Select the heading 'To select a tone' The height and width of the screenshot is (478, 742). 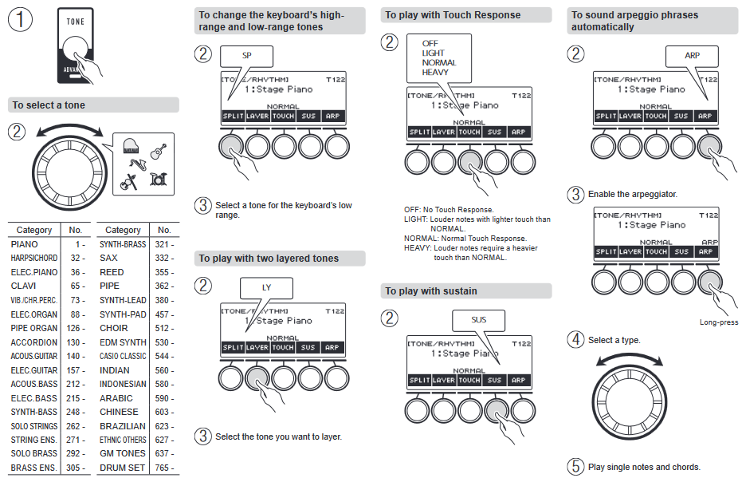pos(49,105)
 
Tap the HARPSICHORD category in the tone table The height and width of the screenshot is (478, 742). pos(34,259)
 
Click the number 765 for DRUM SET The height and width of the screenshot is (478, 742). pos(163,468)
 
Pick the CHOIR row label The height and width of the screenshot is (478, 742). pos(114,328)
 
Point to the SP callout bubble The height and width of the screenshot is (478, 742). pos(246,56)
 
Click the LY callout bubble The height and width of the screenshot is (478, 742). pos(266,287)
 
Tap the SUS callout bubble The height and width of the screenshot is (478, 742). pos(478,320)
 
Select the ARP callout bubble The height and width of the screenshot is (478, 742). pos(692,56)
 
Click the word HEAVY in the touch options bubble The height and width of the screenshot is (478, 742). pos(435,73)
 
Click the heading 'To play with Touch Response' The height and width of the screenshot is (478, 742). pos(453,15)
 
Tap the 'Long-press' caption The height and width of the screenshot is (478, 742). pos(719,323)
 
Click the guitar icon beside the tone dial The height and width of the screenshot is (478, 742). pos(159,151)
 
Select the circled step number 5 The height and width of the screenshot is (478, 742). pos(575,467)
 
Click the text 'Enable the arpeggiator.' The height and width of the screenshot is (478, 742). pos(633,195)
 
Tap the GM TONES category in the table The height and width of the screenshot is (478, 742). pos(123,453)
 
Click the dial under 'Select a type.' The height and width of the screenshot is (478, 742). pos(629,396)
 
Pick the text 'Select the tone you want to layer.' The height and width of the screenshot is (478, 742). pos(278,437)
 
